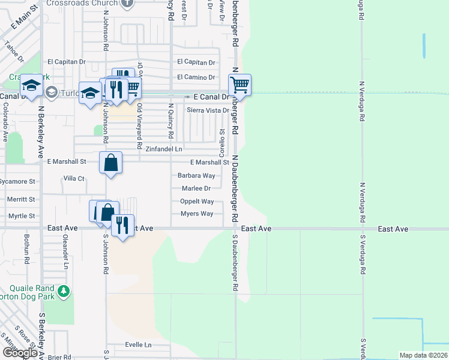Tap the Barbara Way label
[196, 176]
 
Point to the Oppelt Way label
[197, 202]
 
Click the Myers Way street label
[197, 214]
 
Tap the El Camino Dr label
[196, 77]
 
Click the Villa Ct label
[74, 179]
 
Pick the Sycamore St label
[18, 181]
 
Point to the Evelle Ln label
[139, 345]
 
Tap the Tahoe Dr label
[13, 53]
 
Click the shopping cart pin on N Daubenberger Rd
[240, 85]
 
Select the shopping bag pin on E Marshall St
[111, 163]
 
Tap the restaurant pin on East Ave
[122, 226]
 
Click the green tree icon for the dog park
[63, 292]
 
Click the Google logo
[20, 353]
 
